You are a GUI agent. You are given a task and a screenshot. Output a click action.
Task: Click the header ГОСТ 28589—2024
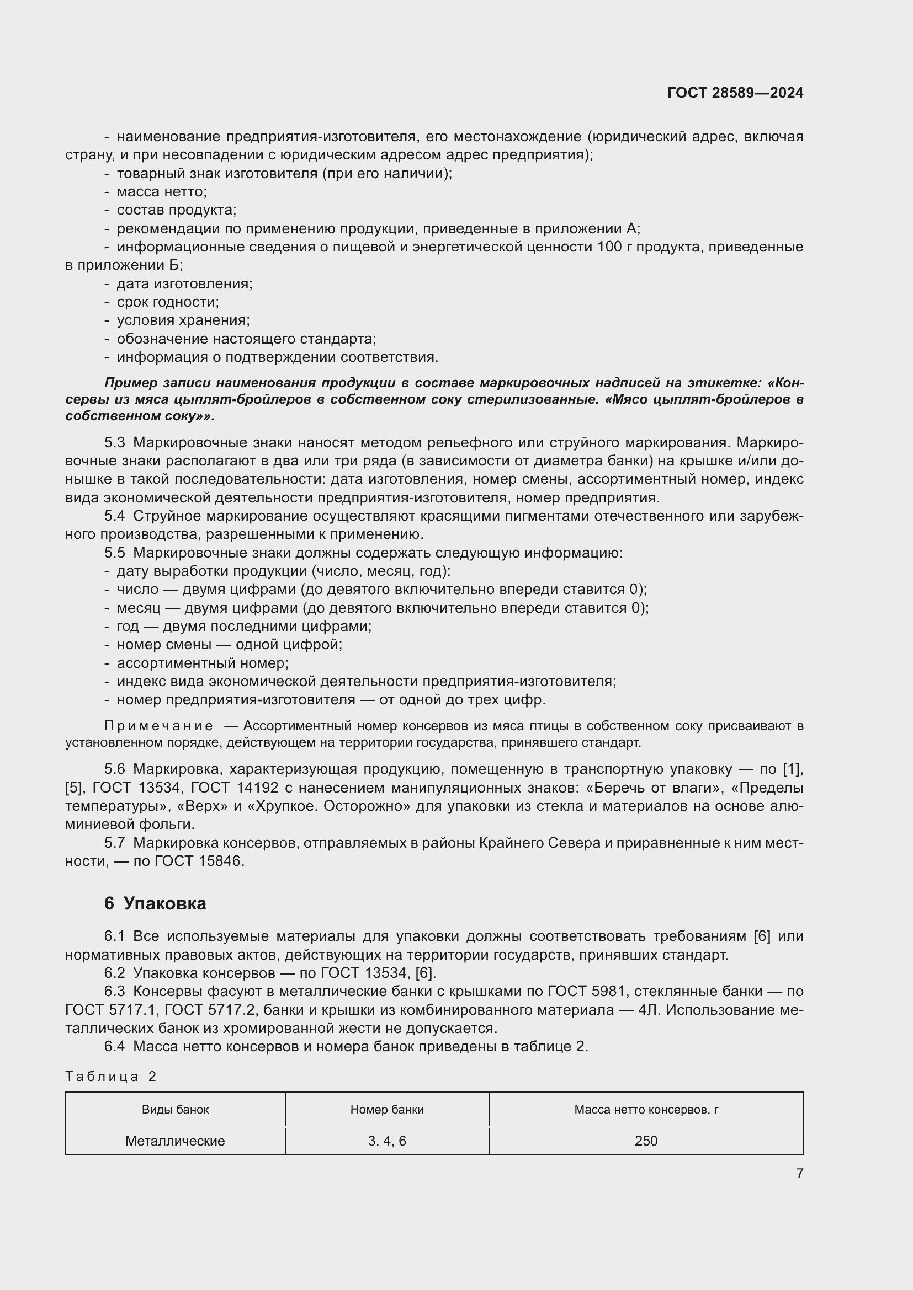(735, 93)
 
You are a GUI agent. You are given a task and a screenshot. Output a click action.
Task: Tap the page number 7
(799, 1173)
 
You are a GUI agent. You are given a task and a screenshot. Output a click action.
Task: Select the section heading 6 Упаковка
(155, 903)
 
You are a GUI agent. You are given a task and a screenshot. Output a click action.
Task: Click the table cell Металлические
(175, 1141)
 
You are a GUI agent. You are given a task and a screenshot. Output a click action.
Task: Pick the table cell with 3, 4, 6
(387, 1141)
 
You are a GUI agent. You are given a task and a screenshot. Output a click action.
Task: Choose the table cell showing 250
(646, 1141)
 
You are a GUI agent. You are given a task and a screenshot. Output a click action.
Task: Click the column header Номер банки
(387, 1109)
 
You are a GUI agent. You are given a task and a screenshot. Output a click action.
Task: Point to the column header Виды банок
(175, 1109)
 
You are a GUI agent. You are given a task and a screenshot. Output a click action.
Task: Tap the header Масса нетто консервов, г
(646, 1109)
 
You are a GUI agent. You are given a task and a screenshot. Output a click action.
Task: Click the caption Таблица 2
(111, 1076)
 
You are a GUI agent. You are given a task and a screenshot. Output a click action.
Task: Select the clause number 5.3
(114, 443)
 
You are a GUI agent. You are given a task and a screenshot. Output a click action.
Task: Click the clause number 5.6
(114, 769)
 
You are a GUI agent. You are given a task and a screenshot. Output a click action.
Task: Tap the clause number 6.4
(114, 1046)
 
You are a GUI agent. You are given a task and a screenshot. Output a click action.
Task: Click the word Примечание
(159, 726)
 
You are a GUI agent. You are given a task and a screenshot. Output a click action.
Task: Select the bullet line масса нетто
(161, 191)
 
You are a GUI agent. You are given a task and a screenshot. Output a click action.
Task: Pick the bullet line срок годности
(168, 302)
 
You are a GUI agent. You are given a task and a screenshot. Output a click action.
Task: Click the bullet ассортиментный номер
(203, 663)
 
